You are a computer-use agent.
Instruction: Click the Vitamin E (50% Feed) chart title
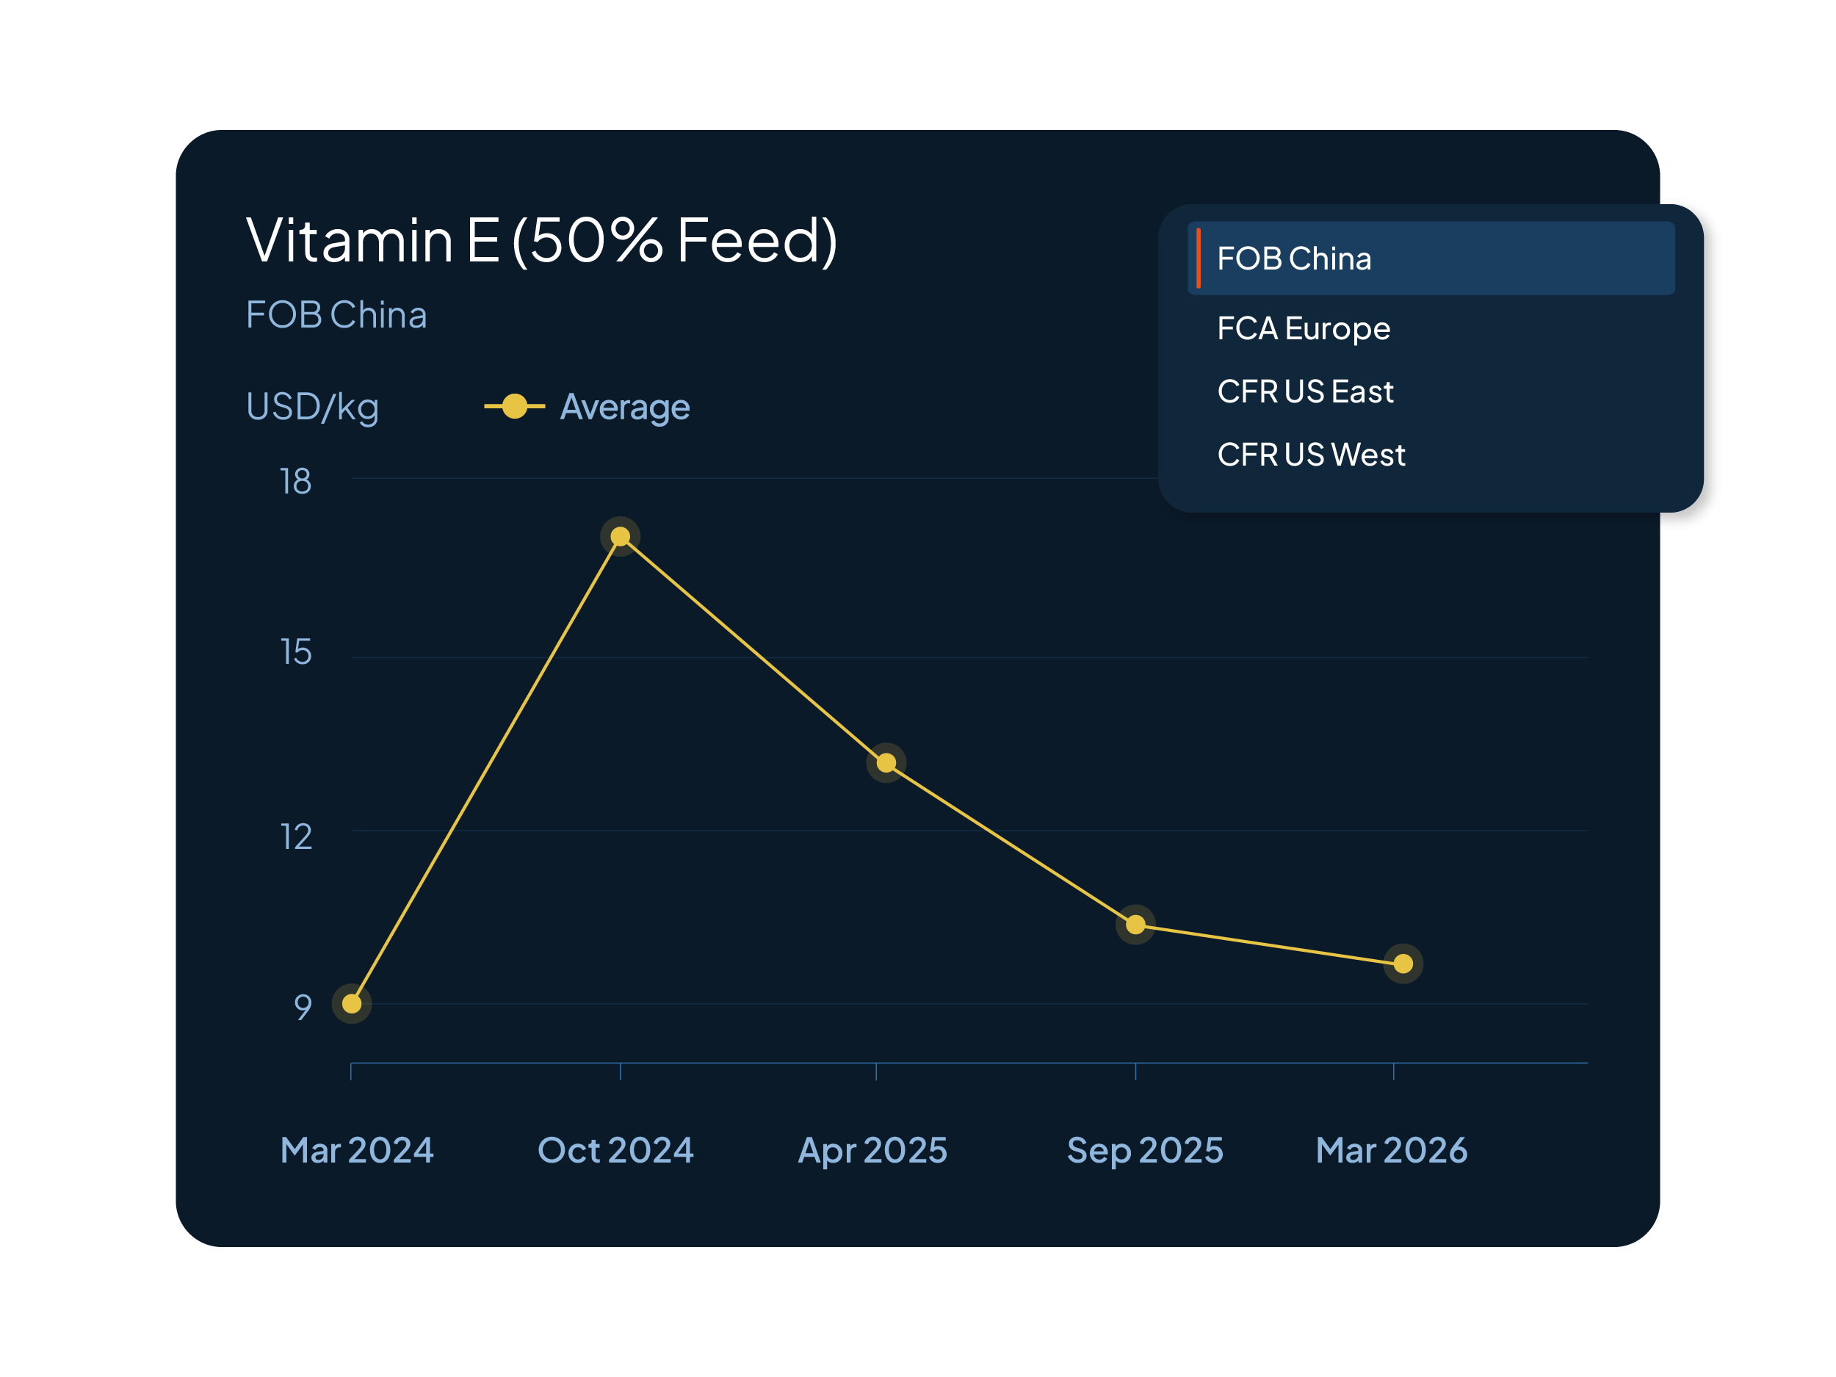(541, 241)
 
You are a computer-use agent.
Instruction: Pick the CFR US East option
(1305, 391)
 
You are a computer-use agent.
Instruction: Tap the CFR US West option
(1311, 454)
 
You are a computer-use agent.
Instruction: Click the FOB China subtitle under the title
(336, 315)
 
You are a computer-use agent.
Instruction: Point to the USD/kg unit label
(312, 407)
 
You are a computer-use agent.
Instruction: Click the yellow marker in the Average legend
(515, 407)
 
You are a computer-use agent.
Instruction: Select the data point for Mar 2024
(352, 1003)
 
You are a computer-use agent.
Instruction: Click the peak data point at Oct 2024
(620, 537)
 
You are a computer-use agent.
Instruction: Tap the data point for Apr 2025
(886, 763)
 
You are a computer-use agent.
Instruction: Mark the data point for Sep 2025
(1135, 925)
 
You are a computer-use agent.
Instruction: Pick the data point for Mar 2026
(1403, 964)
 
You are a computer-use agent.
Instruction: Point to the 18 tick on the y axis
(295, 482)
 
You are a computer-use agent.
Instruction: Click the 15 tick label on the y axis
(296, 652)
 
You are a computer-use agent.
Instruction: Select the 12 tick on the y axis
(296, 836)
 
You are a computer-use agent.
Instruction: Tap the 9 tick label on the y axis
(302, 1007)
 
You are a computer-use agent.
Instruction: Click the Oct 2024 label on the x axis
(615, 1150)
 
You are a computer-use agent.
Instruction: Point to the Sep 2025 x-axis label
(1145, 1150)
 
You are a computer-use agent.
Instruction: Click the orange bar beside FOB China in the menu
(1198, 258)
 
